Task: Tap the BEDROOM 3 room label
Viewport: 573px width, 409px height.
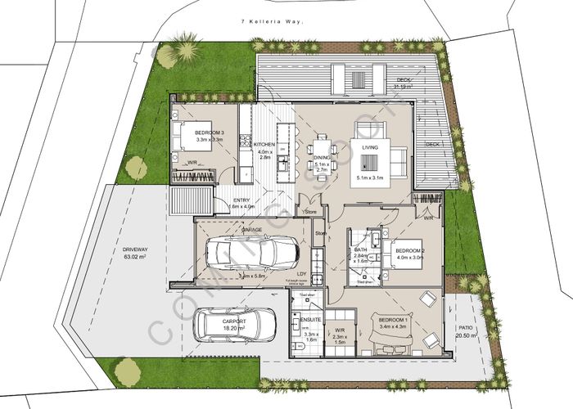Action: click(209, 133)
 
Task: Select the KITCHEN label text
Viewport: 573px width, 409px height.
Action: click(264, 145)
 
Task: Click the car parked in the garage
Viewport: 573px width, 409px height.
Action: click(254, 253)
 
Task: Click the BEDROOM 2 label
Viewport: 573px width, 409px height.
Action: click(407, 251)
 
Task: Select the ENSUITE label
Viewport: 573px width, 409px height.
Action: click(310, 320)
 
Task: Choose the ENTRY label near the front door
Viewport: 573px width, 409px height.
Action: click(241, 200)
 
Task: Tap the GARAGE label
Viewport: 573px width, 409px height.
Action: click(252, 230)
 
